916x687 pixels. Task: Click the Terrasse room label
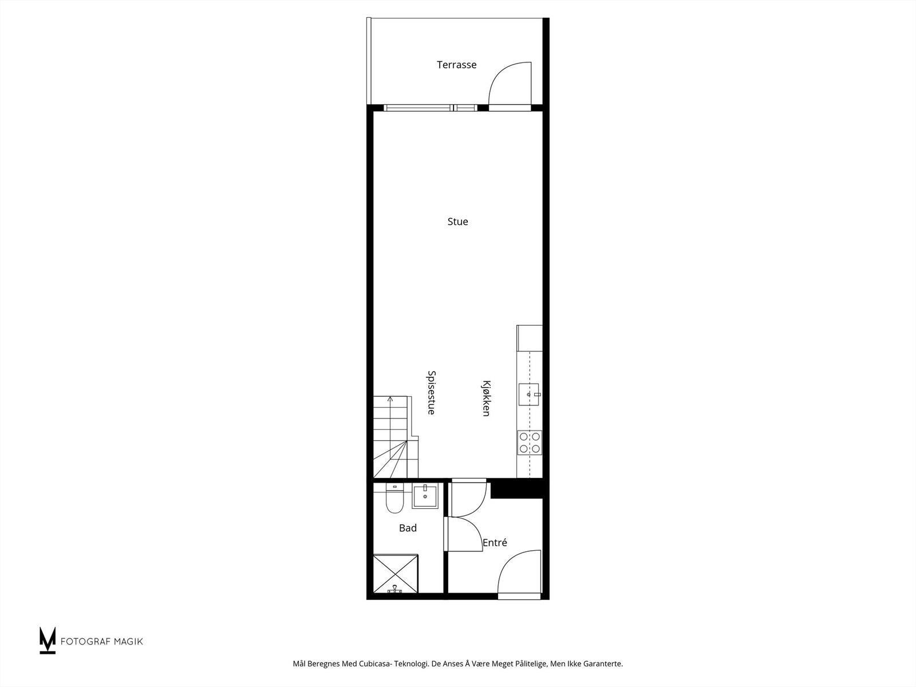456,65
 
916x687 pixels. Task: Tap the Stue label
457,222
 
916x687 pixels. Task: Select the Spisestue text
432,392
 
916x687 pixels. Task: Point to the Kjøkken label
486,398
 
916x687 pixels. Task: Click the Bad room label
408,528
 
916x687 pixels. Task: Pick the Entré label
495,542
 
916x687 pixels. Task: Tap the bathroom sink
425,496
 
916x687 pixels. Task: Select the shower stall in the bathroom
395,573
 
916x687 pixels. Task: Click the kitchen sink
528,394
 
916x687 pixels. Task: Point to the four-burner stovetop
529,443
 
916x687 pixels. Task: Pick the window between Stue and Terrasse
429,107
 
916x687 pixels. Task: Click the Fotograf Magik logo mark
48,640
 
